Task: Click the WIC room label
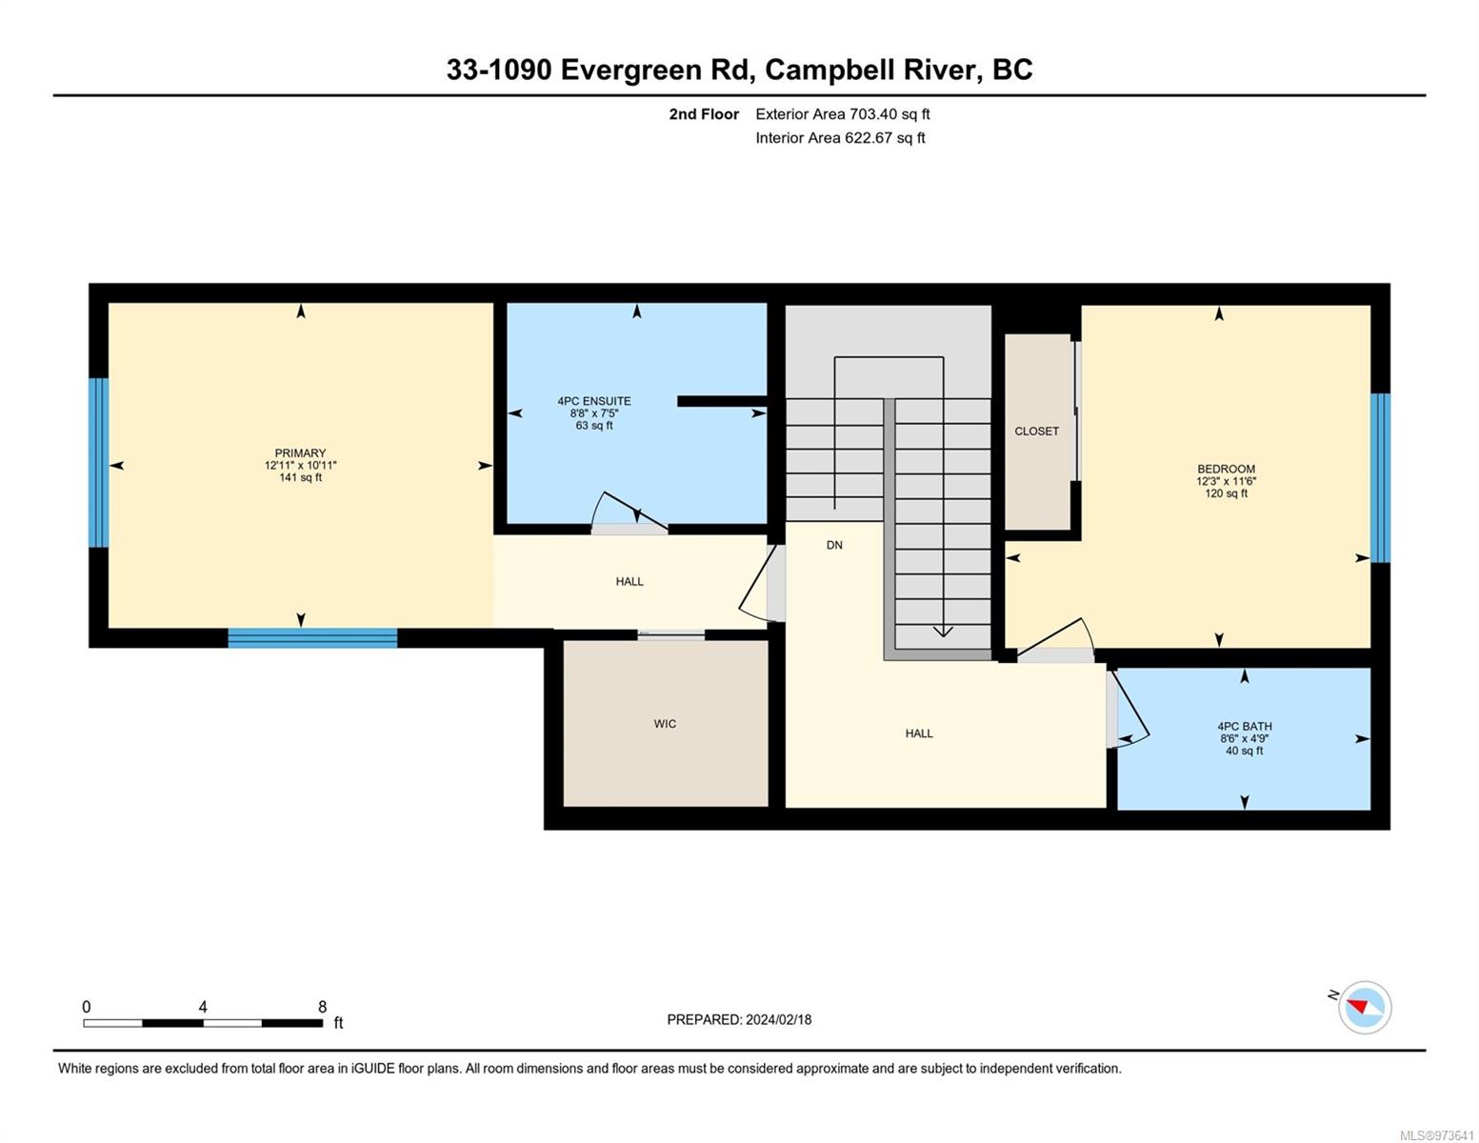tap(665, 724)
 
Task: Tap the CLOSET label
tap(1036, 431)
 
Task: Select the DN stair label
tap(833, 545)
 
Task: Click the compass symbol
tap(1364, 1008)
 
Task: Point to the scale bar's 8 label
tap(322, 1006)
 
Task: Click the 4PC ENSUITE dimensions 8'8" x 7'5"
tap(593, 413)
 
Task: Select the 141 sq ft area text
tap(300, 477)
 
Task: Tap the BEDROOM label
tap(1226, 469)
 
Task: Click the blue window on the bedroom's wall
tap(1380, 478)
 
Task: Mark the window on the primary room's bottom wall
tap(311, 638)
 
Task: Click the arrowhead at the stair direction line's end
tap(942, 632)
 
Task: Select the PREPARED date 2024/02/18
tap(779, 1020)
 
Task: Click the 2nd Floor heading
tap(704, 114)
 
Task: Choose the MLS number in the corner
tap(1438, 1135)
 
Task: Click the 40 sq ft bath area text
tap(1244, 751)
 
